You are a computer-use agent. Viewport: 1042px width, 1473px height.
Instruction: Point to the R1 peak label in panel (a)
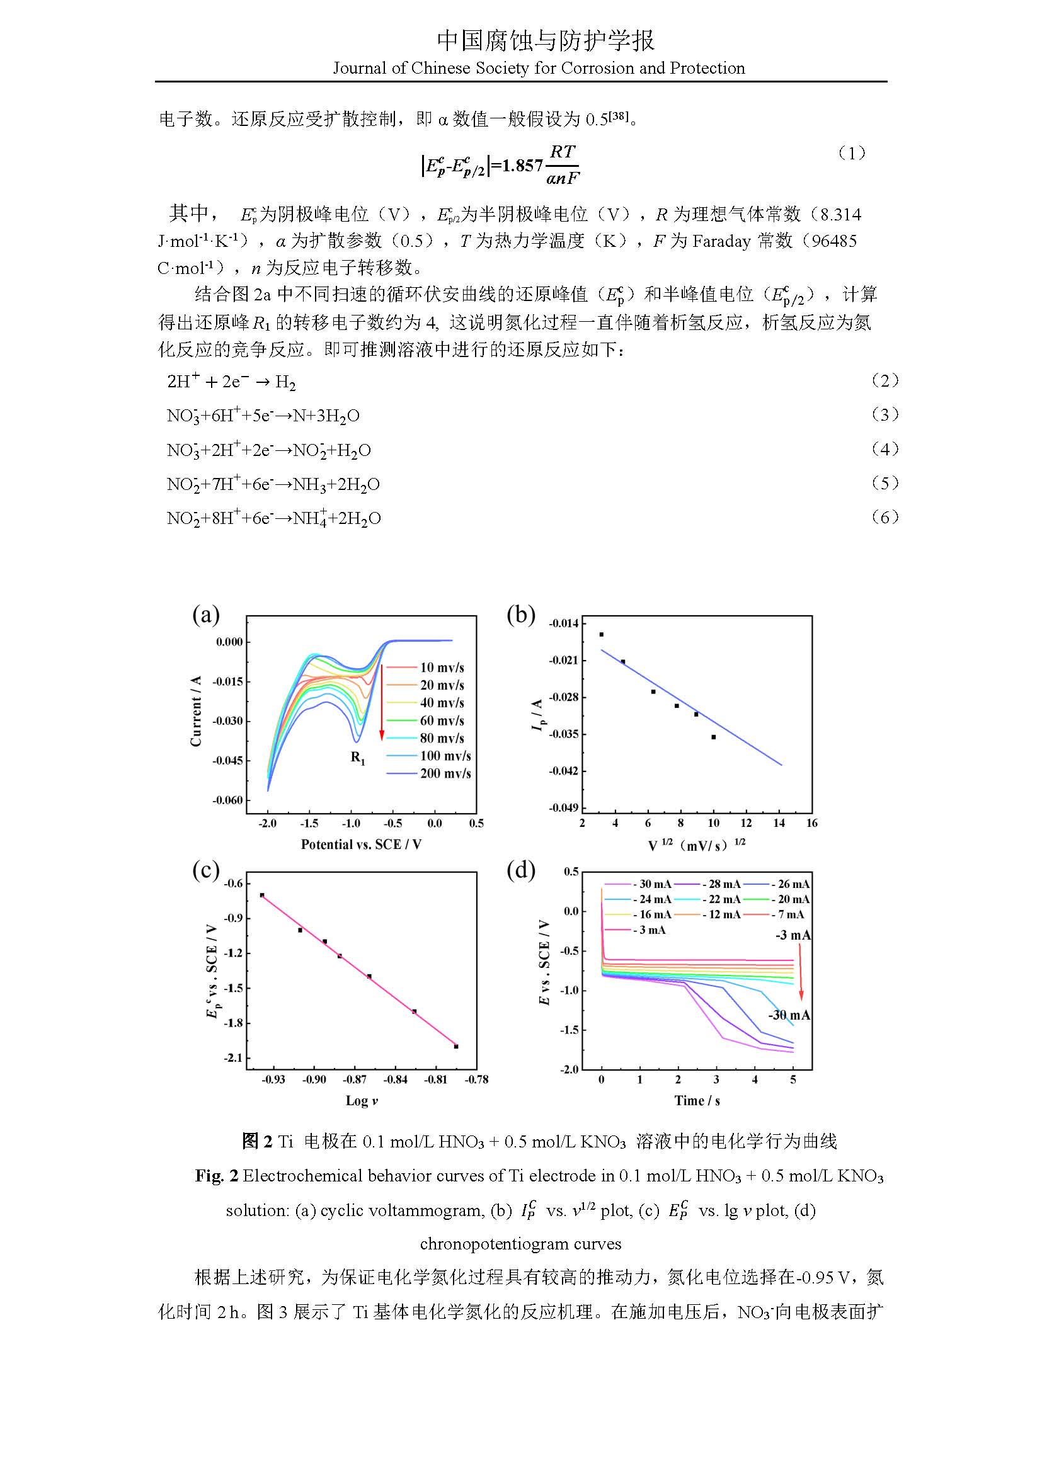point(358,758)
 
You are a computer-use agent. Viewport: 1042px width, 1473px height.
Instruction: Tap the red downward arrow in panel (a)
point(382,703)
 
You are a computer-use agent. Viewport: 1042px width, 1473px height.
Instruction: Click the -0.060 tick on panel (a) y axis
point(228,800)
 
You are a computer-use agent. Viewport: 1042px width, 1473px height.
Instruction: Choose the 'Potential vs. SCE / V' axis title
point(361,845)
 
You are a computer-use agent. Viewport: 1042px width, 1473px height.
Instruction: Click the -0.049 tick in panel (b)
point(563,808)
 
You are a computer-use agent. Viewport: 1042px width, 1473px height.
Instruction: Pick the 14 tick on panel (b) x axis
point(779,823)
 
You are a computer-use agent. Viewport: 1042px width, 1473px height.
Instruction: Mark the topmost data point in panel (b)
point(601,635)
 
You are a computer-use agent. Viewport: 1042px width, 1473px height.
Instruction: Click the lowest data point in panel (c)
point(456,1047)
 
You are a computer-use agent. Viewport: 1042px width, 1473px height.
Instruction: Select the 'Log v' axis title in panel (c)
point(361,1101)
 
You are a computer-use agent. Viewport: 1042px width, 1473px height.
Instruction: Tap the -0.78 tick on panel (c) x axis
point(477,1080)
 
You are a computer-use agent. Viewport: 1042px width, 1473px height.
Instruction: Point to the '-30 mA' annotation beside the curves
point(789,1015)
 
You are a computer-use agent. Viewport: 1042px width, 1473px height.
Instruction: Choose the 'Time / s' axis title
point(697,1101)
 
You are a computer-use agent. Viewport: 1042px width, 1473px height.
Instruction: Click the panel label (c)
point(206,870)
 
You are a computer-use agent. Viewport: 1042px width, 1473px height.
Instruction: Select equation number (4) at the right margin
point(885,449)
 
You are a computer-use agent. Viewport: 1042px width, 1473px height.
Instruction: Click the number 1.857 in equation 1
point(522,166)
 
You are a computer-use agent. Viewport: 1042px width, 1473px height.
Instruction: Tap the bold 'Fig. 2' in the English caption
point(217,1176)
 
